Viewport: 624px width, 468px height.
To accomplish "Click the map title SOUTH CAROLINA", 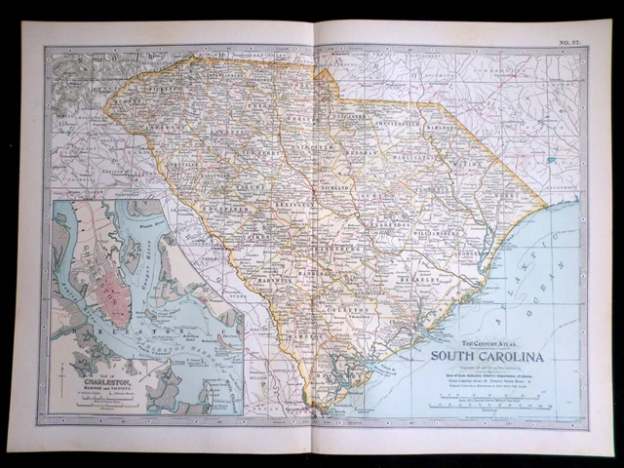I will (487, 355).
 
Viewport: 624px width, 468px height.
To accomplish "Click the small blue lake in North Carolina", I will (551, 159).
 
